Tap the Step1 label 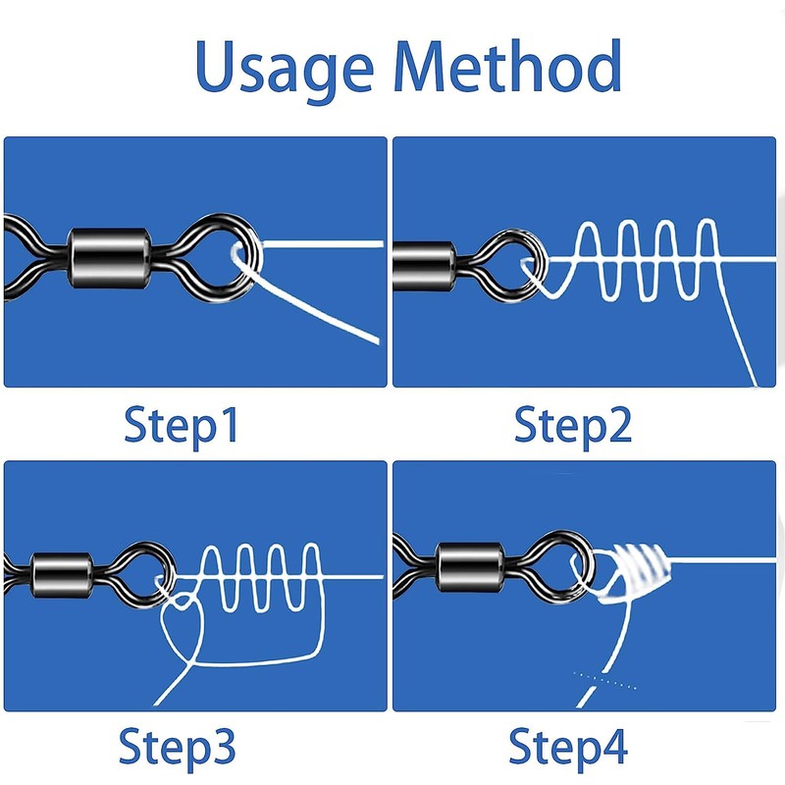[x=182, y=427]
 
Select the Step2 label [x=574, y=427]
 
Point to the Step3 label [x=179, y=745]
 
